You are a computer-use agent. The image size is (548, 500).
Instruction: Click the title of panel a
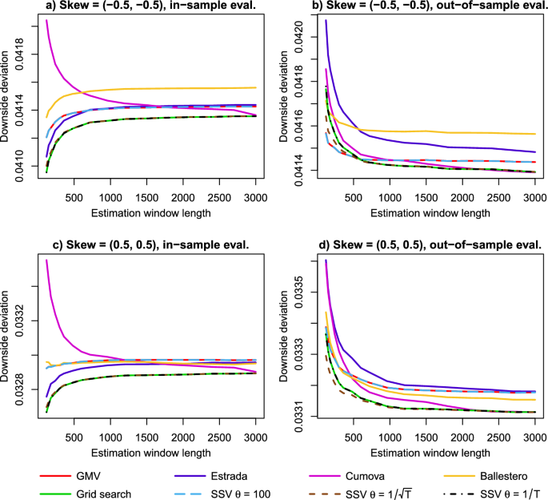tap(146, 7)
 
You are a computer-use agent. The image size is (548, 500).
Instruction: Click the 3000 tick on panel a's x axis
tap(255, 198)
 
